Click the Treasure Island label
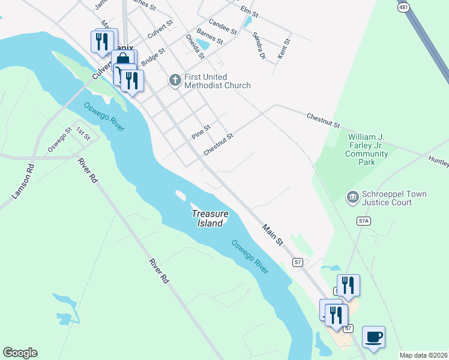click(209, 218)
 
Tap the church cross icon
click(175, 80)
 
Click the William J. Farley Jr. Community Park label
click(367, 149)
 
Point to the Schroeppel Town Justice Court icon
click(352, 197)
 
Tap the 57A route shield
click(363, 221)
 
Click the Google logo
click(20, 353)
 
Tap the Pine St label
click(201, 132)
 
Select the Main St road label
click(272, 234)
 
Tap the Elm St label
click(249, 11)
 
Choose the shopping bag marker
click(123, 59)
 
